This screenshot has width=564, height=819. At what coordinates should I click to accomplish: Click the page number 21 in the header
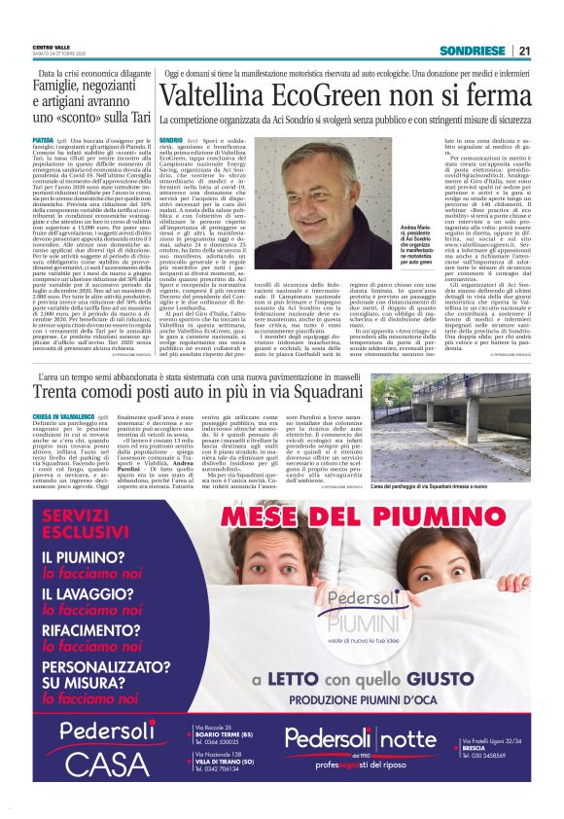(x=524, y=51)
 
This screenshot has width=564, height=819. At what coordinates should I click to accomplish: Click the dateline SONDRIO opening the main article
(x=170, y=141)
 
